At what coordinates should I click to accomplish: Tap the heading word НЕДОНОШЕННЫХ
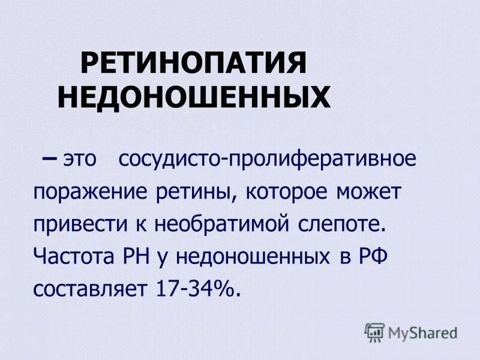[193, 97]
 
